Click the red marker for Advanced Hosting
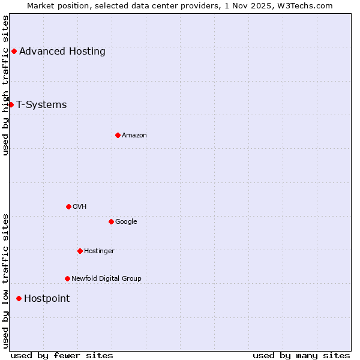pos(14,51)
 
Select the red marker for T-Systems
pos(11,104)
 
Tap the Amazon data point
pos(118,135)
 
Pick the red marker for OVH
pos(68,206)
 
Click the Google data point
pos(111,221)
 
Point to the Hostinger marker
pos(80,251)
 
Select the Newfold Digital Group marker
pos(67,278)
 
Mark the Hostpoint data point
pos(19,298)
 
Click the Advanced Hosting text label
pos(62,51)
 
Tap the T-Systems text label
pos(41,104)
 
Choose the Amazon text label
pos(134,135)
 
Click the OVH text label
pos(80,206)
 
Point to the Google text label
pos(126,221)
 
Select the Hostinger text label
pos(99,251)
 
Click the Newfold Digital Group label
pos(106,278)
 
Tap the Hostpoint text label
pos(47,298)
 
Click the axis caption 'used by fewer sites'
pos(62,355)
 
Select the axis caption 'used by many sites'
pos(301,355)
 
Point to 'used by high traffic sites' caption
pos(5,85)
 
